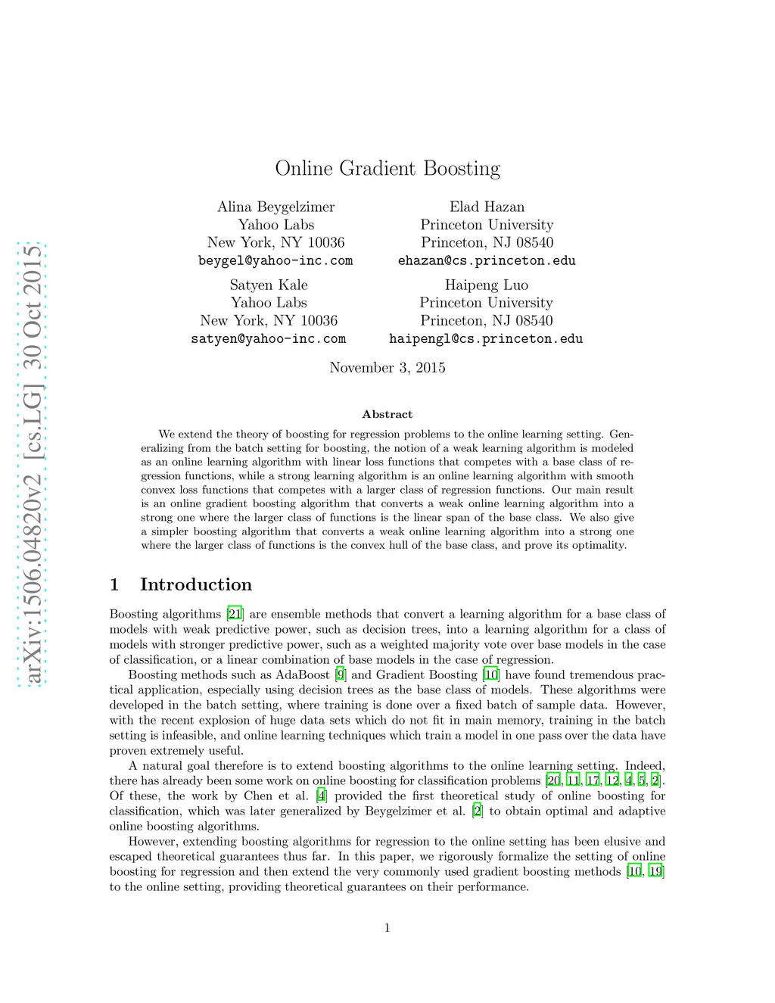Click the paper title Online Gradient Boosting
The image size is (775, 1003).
pos(387,168)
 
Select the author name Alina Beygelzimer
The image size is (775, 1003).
pos(275,207)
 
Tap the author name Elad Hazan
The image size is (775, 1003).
pos(487,207)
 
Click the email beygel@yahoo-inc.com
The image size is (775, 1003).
pos(275,260)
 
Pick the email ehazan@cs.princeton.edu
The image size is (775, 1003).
pos(487,260)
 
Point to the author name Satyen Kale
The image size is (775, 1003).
pos(269,285)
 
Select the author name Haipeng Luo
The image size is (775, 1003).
pos(487,285)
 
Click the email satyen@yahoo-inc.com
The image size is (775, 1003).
pos(269,338)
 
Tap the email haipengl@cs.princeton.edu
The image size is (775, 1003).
pos(486,338)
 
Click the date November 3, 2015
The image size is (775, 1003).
pos(387,367)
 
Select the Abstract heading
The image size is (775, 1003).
pos(387,414)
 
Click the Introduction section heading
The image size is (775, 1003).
pos(195,584)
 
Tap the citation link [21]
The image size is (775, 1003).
pos(235,614)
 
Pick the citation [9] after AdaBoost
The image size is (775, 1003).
pos(341,674)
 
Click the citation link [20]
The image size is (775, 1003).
pos(553,780)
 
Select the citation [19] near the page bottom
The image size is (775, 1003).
pos(656,871)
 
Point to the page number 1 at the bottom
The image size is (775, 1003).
pos(387,928)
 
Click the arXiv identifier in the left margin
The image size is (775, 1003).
pos(33,463)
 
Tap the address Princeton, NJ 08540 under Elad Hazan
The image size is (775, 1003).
pos(487,242)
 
